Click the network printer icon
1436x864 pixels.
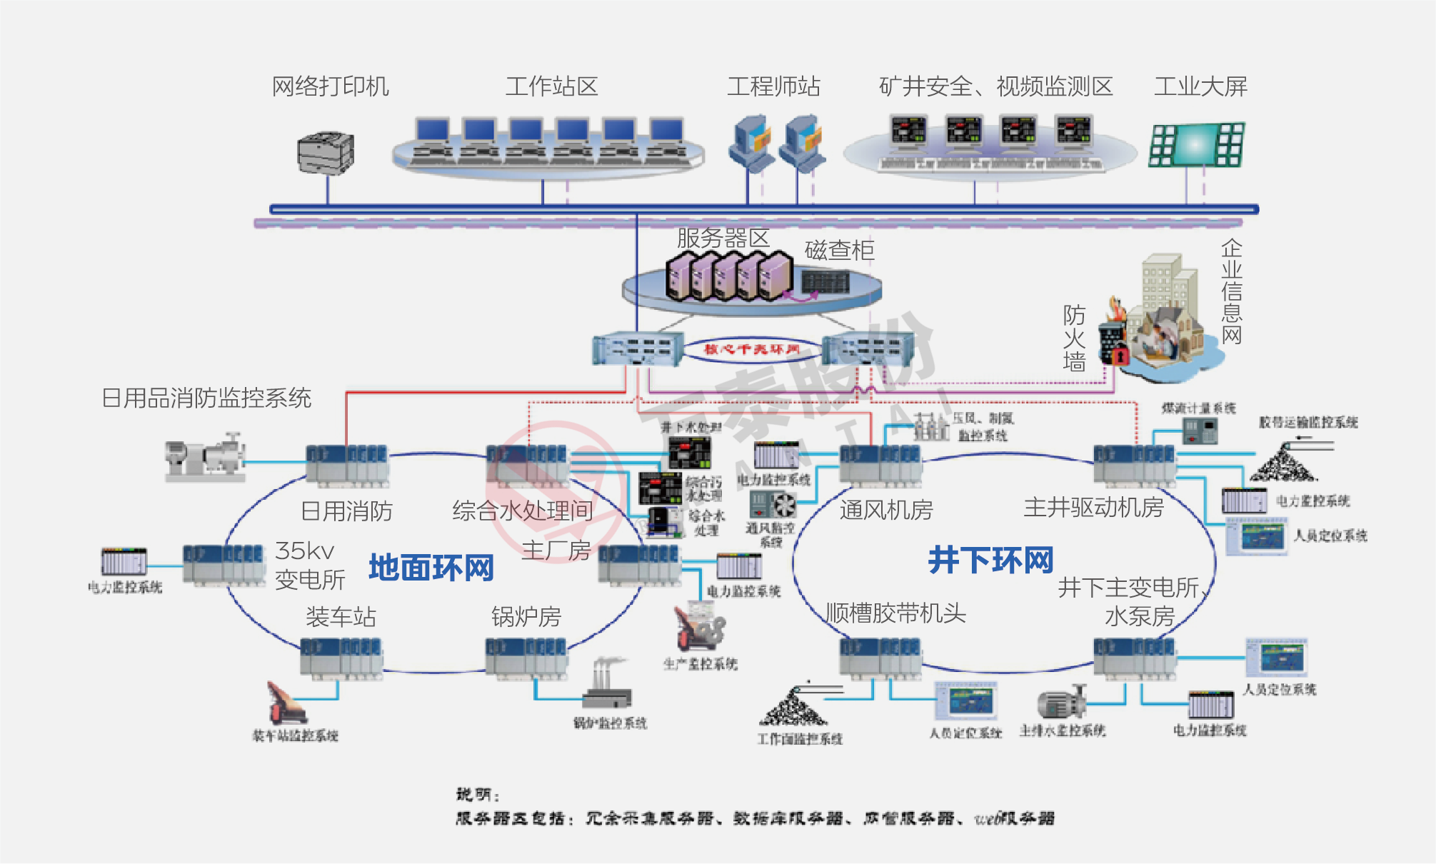(326, 153)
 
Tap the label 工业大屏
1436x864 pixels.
(1200, 86)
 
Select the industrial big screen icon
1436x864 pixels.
(1196, 145)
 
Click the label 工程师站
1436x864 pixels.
(773, 86)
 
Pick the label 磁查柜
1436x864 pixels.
(839, 250)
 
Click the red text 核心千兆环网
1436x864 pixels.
(752, 349)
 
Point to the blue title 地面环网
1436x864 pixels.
(431, 568)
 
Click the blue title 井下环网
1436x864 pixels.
(990, 560)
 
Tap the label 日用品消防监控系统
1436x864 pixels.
(206, 398)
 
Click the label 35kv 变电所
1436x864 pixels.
(310, 565)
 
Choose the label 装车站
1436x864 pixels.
(341, 616)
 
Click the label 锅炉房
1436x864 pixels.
(526, 616)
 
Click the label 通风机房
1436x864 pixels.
(885, 510)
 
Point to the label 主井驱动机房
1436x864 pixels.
(1093, 507)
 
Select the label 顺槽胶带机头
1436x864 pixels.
(895, 613)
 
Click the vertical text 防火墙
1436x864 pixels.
(1074, 338)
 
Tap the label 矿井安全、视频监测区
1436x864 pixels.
(995, 86)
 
